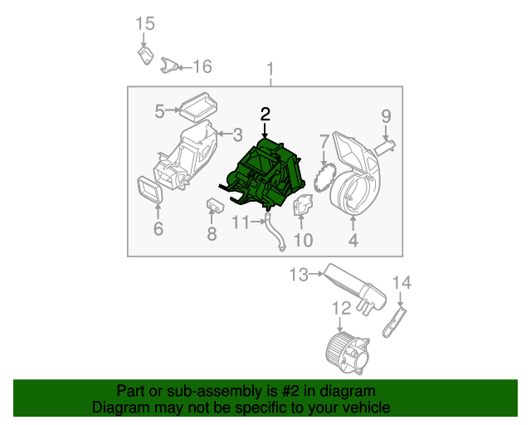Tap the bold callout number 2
[265, 115]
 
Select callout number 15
[145, 24]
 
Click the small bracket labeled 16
[169, 66]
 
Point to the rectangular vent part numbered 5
[198, 107]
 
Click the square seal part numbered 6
[150, 190]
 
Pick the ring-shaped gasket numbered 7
[324, 178]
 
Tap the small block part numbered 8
[215, 206]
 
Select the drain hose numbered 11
[275, 232]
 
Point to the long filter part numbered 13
[355, 288]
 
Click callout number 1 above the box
[270, 69]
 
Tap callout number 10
[304, 240]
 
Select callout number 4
[353, 240]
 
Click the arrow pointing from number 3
[225, 134]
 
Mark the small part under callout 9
[385, 148]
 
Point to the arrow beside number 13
[317, 273]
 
